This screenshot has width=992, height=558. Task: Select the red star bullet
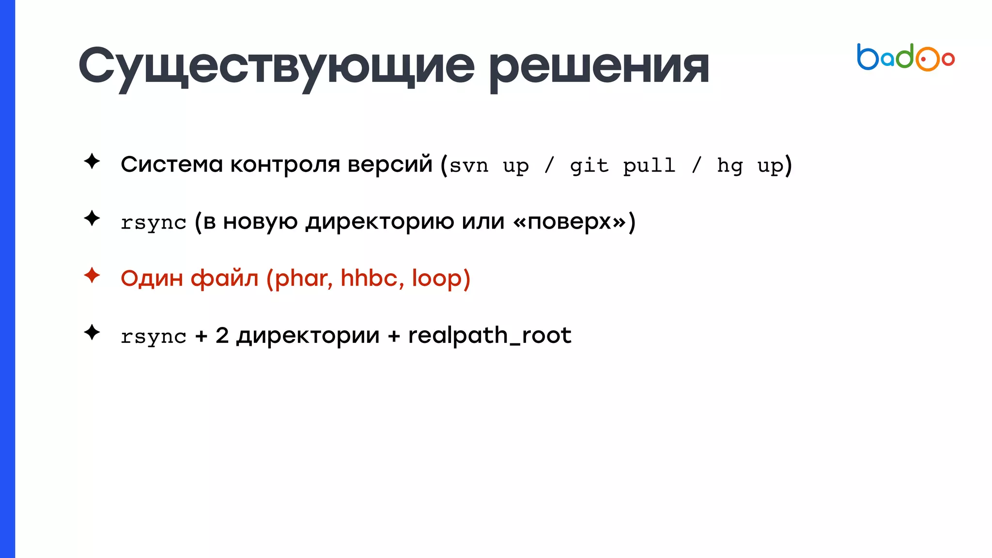[92, 276]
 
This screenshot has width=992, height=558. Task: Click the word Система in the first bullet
[171, 164]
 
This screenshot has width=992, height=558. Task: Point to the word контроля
[285, 164]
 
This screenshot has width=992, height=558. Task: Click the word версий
[390, 164]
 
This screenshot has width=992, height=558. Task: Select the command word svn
[469, 166]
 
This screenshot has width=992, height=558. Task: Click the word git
[589, 166]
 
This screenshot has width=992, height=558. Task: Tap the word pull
[649, 166]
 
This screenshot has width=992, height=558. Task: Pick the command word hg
[729, 166]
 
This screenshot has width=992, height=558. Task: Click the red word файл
[224, 279]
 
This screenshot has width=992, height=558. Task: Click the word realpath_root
[490, 336]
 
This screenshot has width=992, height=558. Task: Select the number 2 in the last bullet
[222, 335]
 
